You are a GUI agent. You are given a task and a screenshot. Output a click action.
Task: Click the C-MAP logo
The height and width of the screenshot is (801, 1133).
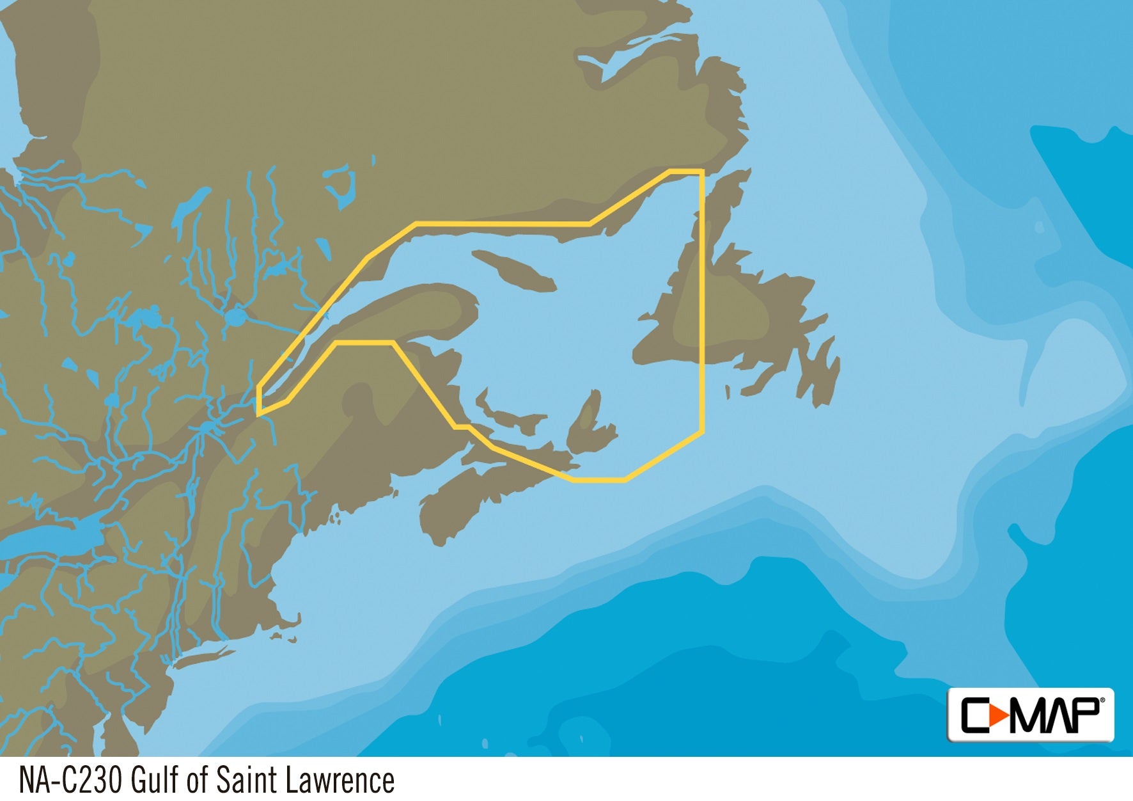[1030, 715]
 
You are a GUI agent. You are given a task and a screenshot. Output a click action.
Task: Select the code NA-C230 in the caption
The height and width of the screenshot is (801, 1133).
[70, 780]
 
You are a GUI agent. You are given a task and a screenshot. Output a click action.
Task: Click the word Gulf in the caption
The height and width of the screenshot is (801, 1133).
[154, 780]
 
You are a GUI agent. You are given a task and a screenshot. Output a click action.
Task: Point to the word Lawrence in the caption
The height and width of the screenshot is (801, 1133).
[340, 780]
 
